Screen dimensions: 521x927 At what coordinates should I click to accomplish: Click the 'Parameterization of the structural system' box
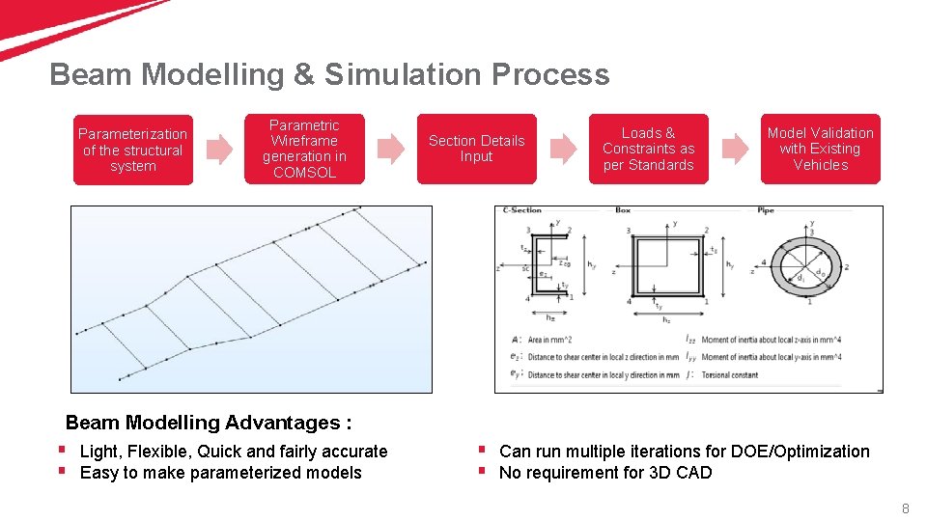[133, 150]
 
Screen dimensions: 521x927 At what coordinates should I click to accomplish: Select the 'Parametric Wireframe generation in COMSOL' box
[304, 150]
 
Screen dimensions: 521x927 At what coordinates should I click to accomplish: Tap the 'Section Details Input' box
[476, 149]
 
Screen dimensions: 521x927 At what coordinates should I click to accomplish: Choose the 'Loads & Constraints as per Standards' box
[648, 149]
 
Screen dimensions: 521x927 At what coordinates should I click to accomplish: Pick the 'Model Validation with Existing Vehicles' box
[820, 149]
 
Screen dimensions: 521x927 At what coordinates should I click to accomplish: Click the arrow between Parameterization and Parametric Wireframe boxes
[219, 149]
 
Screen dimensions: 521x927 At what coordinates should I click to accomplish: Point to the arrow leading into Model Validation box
[735, 149]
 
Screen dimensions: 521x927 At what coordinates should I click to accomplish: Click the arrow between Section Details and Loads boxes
[563, 149]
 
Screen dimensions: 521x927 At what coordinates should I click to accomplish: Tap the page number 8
[905, 508]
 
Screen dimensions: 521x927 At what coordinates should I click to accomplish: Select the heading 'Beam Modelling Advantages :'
[209, 423]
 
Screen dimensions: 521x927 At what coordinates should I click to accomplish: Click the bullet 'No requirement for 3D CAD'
[605, 473]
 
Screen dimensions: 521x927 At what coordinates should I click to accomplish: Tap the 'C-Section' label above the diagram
[522, 209]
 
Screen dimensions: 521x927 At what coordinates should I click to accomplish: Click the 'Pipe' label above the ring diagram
[766, 209]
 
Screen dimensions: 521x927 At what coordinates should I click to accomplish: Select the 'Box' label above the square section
[623, 209]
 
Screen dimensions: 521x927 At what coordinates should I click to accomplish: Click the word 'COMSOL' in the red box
[304, 173]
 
